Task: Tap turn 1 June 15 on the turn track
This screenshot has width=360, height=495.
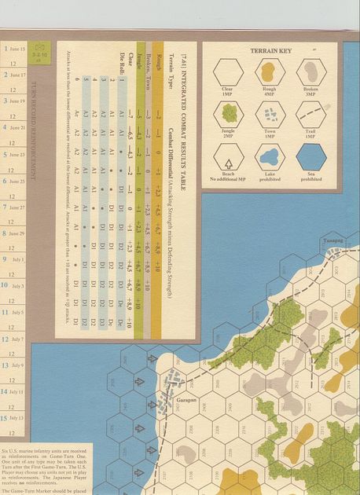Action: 14,49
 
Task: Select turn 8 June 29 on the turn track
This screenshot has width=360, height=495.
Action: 14,233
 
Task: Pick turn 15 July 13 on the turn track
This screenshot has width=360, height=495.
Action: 14,418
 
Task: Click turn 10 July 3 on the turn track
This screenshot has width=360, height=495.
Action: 14,286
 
